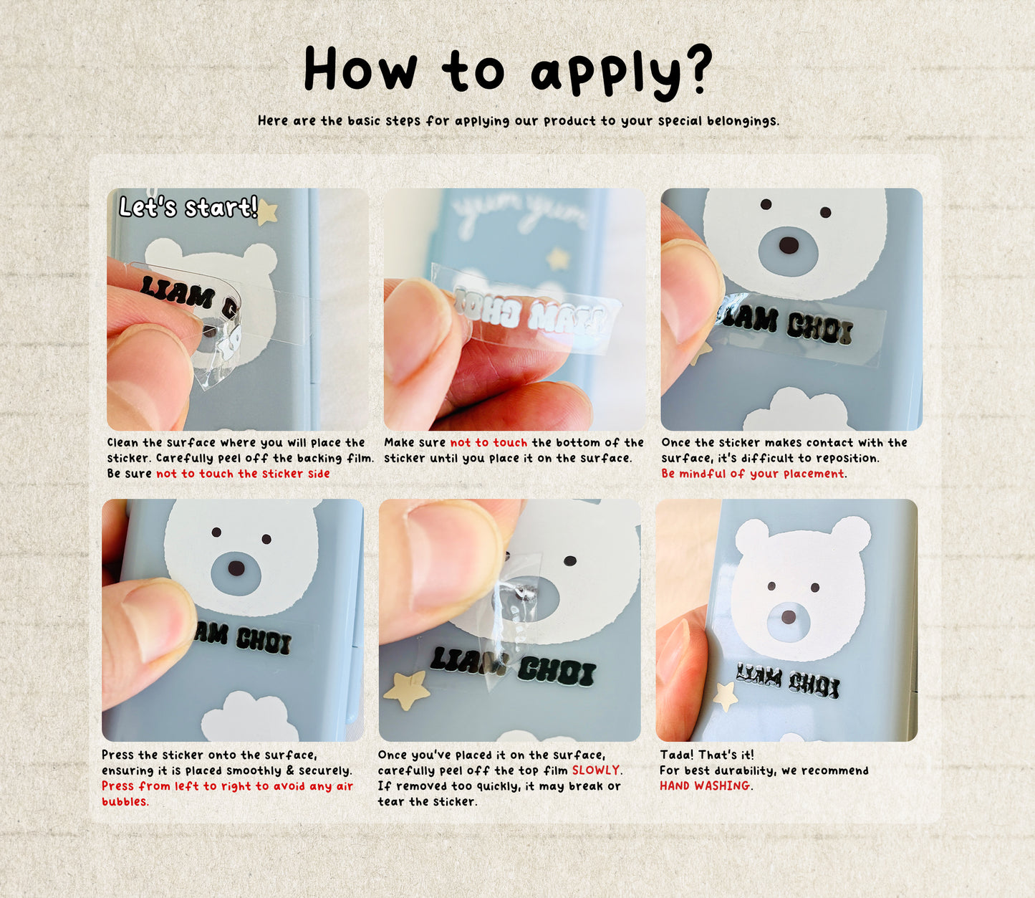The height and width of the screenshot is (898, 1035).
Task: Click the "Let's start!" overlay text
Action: pyautogui.click(x=188, y=207)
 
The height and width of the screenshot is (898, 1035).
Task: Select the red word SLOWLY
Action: pyautogui.click(x=596, y=770)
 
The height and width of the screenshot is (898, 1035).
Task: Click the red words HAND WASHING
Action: pyautogui.click(x=705, y=785)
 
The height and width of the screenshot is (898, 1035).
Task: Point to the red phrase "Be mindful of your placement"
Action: pyautogui.click(x=752, y=474)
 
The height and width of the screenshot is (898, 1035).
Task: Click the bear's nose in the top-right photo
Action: pyautogui.click(x=789, y=245)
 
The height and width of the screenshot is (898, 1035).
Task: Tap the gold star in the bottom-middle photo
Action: pyautogui.click(x=407, y=692)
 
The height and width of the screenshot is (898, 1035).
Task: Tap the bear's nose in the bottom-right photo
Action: pyautogui.click(x=788, y=617)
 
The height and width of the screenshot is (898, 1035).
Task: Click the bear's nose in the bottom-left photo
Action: pyautogui.click(x=236, y=568)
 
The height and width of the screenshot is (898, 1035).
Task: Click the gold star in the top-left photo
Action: pyautogui.click(x=267, y=212)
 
